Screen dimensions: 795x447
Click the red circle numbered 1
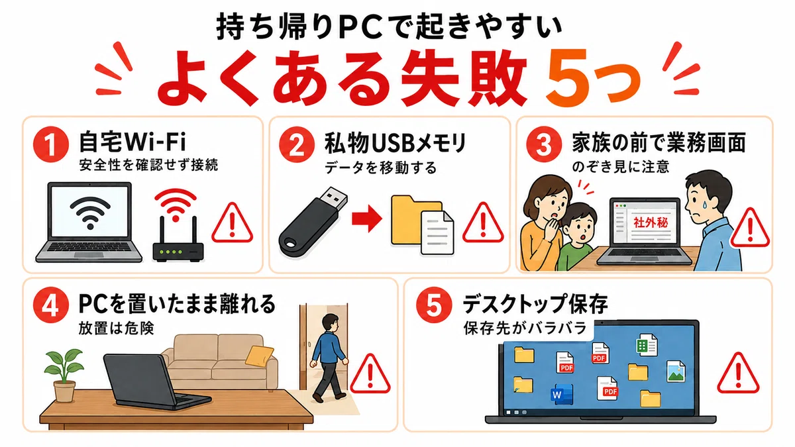(51, 144)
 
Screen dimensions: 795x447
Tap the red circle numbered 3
(544, 144)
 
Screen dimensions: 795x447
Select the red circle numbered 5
(434, 305)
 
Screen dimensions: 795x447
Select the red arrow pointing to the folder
(367, 219)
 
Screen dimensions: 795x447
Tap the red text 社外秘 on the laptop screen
(651, 223)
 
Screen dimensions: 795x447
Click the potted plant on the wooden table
(64, 375)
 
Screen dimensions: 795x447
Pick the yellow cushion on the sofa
(260, 356)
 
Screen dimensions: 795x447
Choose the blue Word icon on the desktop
(562, 394)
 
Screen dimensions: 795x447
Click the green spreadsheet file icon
(647, 345)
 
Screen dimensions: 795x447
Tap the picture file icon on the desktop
(676, 372)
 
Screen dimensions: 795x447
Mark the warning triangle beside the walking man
(370, 373)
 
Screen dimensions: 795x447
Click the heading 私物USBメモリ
(396, 143)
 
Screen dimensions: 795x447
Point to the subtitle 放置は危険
(117, 328)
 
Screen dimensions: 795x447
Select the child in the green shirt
(577, 236)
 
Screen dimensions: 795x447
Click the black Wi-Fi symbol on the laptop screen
(90, 212)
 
